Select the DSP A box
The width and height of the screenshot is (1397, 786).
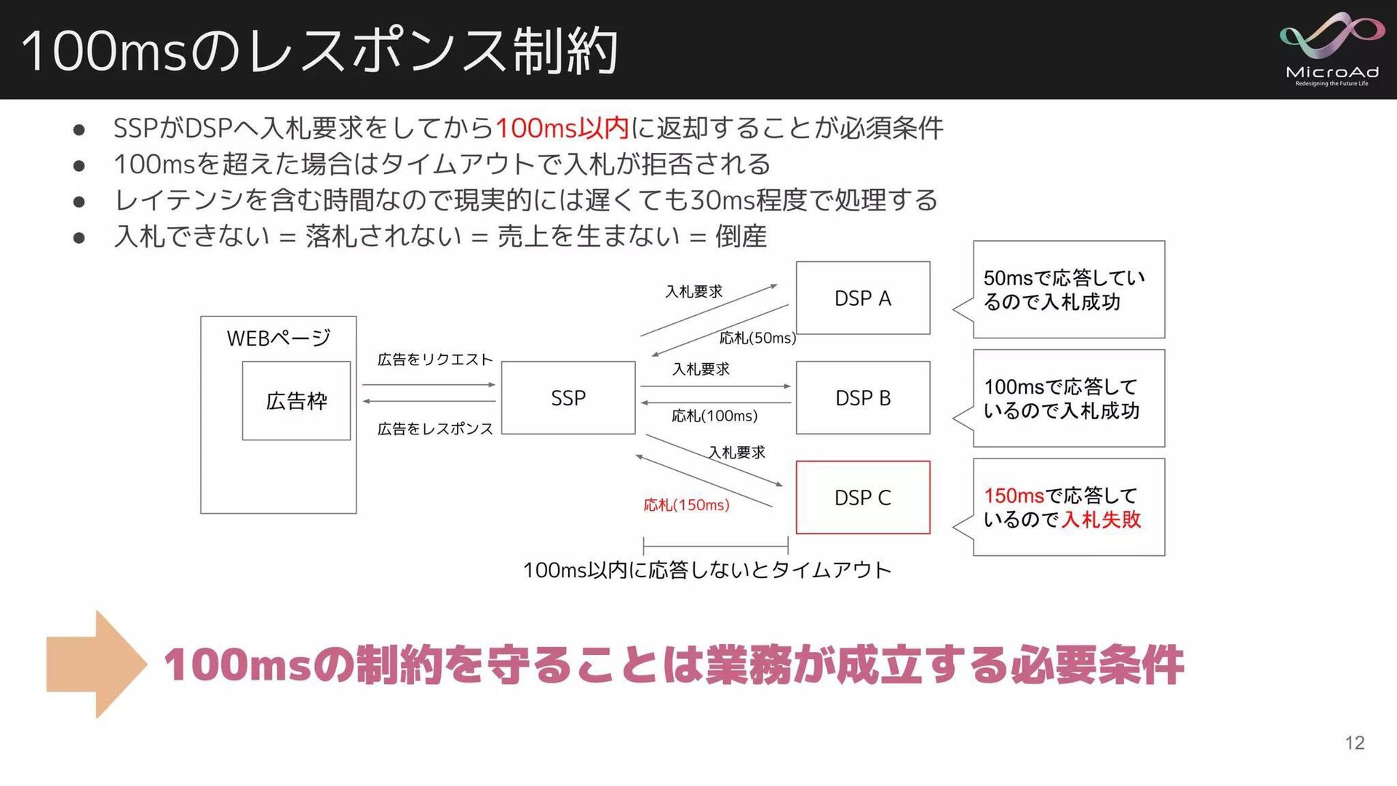tap(862, 298)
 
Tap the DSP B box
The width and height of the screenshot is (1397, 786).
tap(862, 398)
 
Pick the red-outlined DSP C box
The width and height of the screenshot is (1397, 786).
tap(862, 498)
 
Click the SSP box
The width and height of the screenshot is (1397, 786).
tap(568, 398)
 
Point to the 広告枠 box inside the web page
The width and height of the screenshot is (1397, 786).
tap(296, 401)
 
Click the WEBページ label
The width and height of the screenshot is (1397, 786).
tap(278, 338)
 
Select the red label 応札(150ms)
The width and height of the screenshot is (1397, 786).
tap(686, 505)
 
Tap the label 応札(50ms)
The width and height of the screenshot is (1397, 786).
tap(757, 338)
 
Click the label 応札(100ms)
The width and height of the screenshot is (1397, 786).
tap(714, 416)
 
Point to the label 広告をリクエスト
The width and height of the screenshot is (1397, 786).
tap(434, 360)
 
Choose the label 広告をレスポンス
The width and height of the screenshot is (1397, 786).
tap(434, 429)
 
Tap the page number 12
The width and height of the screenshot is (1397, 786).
tap(1354, 743)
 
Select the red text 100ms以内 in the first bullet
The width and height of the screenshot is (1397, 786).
tap(562, 129)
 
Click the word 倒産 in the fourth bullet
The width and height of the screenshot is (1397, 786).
tap(741, 237)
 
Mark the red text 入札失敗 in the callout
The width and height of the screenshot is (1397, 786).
tap(1101, 520)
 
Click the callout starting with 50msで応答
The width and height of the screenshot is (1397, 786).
tap(1068, 290)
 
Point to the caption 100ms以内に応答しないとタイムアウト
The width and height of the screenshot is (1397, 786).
tap(707, 570)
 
